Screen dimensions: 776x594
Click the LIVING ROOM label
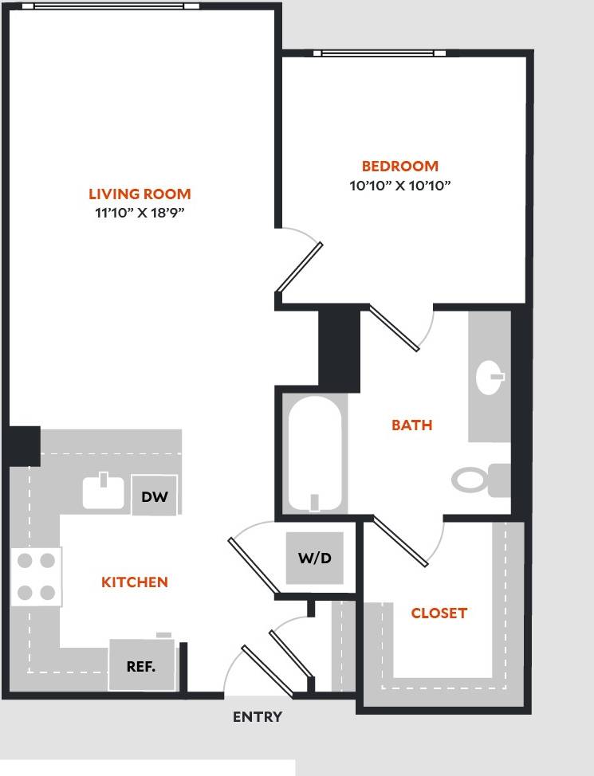140,194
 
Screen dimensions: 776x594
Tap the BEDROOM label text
400,167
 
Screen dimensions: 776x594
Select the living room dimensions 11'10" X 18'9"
140,214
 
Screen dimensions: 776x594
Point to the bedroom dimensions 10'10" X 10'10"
400,186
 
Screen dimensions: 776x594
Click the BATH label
411,425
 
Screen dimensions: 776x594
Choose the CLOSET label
439,613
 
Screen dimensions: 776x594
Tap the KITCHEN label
135,582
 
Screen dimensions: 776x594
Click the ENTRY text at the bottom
257,717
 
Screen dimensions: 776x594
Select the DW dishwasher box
155,496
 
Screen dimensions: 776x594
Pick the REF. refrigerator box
141,666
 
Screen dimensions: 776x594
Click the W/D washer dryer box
315,558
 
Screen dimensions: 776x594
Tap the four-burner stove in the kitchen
37,577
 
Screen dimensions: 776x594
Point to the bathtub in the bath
314,454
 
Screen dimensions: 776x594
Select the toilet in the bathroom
478,480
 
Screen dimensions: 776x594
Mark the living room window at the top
112,6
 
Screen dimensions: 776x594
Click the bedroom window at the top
381,54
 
